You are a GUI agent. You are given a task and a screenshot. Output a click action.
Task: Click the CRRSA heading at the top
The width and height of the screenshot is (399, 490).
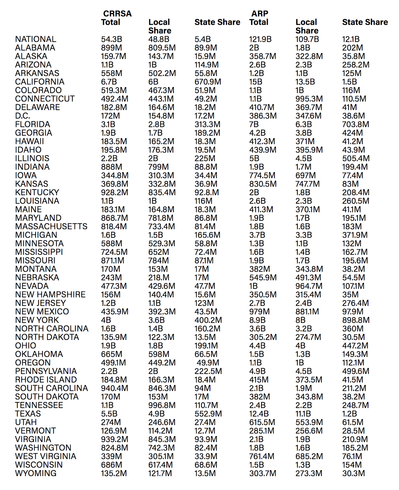click(117, 14)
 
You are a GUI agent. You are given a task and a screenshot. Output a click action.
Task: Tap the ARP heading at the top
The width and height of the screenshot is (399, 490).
click(260, 14)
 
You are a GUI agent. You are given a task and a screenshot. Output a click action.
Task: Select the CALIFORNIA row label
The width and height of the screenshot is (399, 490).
click(40, 82)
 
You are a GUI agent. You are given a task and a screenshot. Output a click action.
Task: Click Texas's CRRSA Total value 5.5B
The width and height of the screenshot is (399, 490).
click(109, 414)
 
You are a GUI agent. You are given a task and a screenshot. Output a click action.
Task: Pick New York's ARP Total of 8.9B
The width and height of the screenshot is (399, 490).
click(257, 320)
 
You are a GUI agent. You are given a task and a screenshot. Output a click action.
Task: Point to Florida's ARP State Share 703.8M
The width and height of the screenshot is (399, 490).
click(356, 124)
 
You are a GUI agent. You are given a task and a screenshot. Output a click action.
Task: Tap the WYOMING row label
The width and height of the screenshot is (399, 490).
click(36, 473)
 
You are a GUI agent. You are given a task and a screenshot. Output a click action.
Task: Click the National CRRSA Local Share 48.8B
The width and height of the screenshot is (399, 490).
click(159, 39)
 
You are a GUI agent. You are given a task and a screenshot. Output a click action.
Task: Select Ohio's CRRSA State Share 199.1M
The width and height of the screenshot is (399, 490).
click(206, 346)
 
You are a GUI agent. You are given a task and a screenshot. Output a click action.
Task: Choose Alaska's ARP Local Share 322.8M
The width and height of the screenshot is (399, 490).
click(309, 56)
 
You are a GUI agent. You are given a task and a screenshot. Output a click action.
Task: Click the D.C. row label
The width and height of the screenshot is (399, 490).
click(23, 116)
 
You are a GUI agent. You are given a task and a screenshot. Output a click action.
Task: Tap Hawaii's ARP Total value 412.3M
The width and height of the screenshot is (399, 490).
click(262, 141)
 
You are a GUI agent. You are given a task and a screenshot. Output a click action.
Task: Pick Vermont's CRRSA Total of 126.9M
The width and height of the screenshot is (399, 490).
click(114, 431)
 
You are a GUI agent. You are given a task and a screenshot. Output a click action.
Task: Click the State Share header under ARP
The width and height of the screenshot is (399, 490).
click(365, 22)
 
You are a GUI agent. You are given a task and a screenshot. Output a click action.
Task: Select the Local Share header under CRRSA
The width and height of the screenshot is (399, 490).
click(160, 26)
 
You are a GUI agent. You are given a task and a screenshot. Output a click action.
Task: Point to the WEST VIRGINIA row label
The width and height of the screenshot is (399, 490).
click(46, 456)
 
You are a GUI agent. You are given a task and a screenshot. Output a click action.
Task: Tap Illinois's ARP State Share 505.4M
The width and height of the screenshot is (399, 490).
click(356, 158)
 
